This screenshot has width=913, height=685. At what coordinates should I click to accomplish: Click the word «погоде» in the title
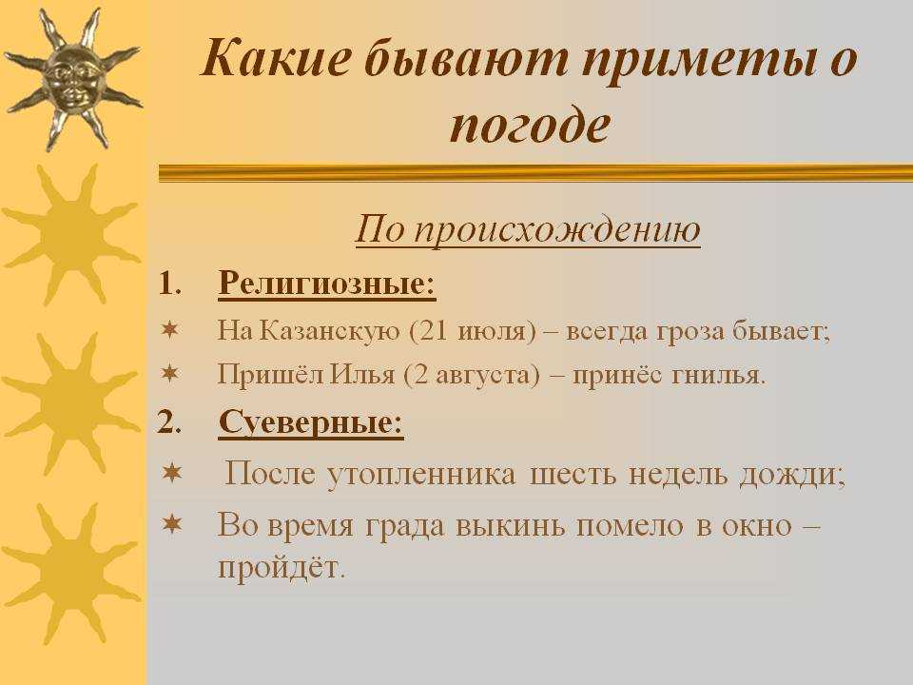[530, 126]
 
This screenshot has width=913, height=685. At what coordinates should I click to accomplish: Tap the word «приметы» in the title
[696, 61]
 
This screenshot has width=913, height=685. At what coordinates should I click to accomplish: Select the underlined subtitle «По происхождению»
[528, 229]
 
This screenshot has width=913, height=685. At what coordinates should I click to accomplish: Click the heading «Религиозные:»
[326, 284]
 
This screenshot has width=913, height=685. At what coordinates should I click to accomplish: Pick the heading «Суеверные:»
[311, 421]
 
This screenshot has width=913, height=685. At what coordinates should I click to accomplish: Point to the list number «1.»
[170, 284]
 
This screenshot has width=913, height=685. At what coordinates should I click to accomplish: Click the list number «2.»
[169, 421]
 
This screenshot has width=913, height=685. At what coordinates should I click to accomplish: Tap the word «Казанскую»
[330, 331]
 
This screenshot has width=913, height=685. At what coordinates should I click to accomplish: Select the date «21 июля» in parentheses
[473, 331]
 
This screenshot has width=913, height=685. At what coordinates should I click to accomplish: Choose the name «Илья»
[362, 374]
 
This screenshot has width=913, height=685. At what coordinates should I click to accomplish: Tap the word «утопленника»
[421, 474]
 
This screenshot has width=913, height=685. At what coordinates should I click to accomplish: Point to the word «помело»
[630, 526]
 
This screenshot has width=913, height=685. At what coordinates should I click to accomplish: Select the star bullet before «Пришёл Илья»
[169, 373]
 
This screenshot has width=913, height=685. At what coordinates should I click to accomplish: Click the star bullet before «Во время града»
[172, 524]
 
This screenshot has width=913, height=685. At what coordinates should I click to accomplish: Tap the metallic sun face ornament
[72, 80]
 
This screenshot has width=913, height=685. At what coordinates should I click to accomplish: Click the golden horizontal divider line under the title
[535, 173]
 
